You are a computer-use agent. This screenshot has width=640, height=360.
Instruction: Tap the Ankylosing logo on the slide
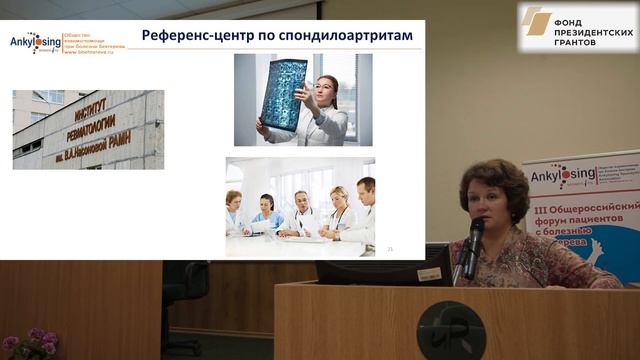click(x=35, y=42)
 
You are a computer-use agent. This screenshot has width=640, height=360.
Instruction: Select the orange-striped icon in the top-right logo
click(x=536, y=21)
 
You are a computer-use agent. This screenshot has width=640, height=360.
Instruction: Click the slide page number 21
click(x=389, y=249)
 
